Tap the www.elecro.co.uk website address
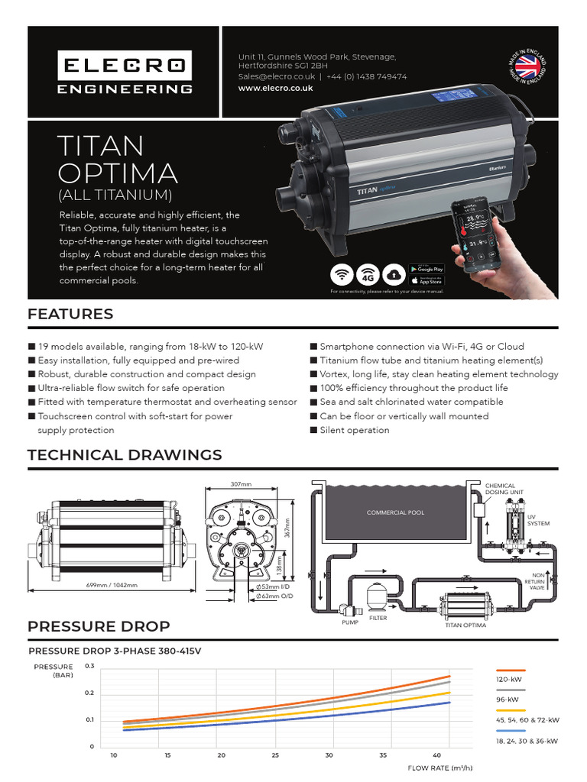[x=275, y=89]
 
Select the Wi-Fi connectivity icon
[x=342, y=274]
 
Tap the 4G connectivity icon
[x=370, y=274]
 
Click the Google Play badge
[x=426, y=268]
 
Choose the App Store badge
[x=426, y=280]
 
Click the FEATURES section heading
[x=70, y=314]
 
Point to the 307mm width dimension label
[x=240, y=484]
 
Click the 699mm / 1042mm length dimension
[x=112, y=585]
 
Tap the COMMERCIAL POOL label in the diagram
[x=395, y=512]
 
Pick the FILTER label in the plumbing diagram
[x=378, y=618]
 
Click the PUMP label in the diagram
[x=349, y=622]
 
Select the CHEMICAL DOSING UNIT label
[x=501, y=490]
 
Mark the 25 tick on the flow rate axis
[x=275, y=756]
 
